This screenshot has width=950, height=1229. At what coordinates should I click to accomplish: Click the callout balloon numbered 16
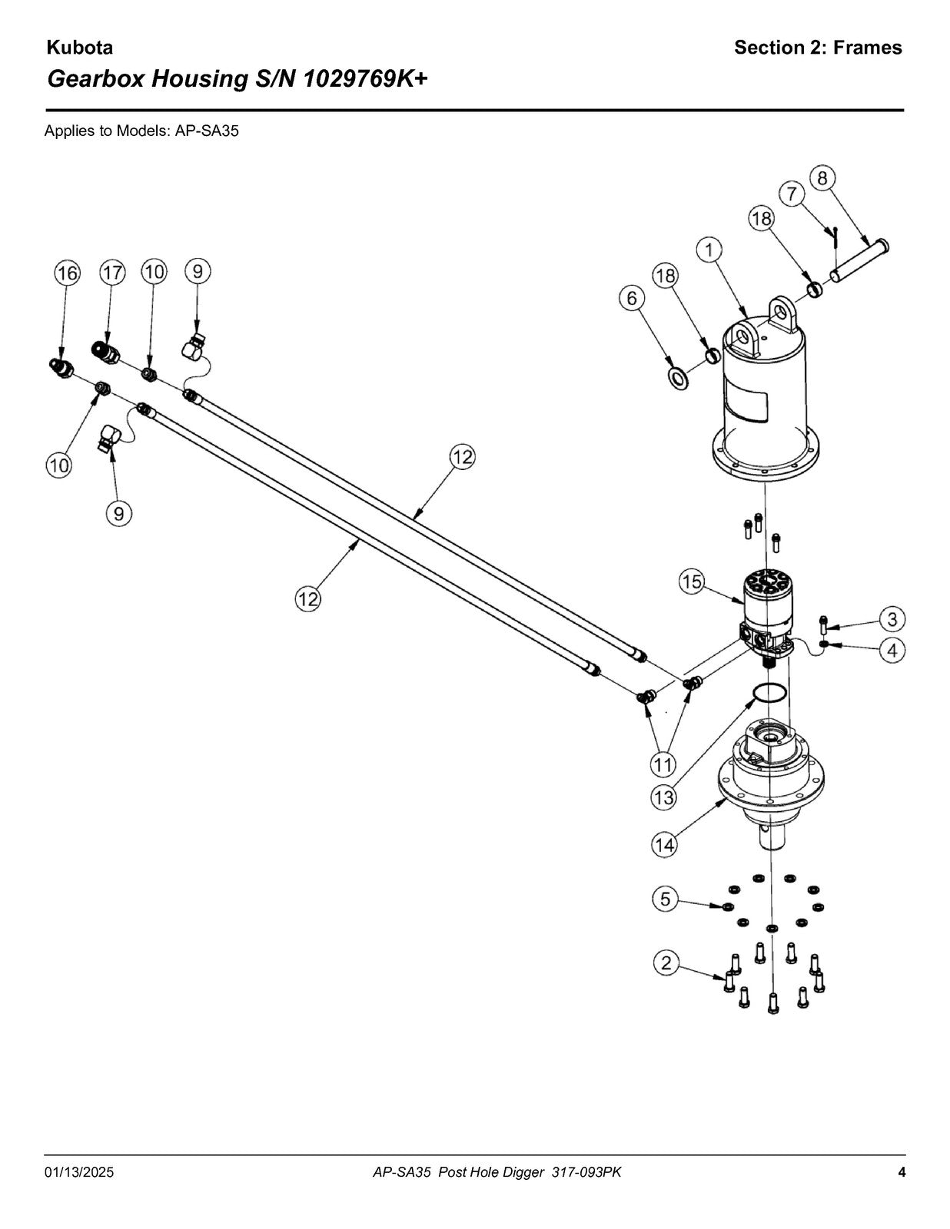click(67, 273)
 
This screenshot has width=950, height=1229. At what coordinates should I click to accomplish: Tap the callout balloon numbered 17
click(112, 273)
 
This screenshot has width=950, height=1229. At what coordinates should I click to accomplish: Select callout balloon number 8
click(822, 178)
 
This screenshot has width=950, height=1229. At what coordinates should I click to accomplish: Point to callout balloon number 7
click(792, 194)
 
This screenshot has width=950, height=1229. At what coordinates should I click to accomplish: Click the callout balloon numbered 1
click(709, 250)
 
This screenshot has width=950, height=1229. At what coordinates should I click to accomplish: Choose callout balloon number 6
click(632, 298)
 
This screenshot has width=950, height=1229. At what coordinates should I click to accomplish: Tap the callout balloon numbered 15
click(692, 581)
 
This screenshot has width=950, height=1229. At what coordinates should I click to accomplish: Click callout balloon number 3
click(892, 619)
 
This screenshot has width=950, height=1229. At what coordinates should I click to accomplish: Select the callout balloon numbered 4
click(892, 651)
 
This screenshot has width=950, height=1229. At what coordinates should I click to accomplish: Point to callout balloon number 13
click(664, 797)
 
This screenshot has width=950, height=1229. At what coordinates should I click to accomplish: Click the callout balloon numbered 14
click(664, 845)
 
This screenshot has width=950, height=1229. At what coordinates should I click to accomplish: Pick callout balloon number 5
click(666, 898)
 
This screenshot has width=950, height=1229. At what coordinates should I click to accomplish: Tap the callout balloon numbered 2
click(666, 962)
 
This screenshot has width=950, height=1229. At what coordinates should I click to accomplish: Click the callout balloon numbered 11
click(663, 764)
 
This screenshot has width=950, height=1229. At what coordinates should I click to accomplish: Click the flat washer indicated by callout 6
click(678, 379)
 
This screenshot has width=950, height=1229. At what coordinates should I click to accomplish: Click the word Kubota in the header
click(80, 48)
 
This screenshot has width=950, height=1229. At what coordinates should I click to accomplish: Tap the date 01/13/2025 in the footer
click(79, 1172)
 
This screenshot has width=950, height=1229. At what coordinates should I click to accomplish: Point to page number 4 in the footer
click(902, 1172)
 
